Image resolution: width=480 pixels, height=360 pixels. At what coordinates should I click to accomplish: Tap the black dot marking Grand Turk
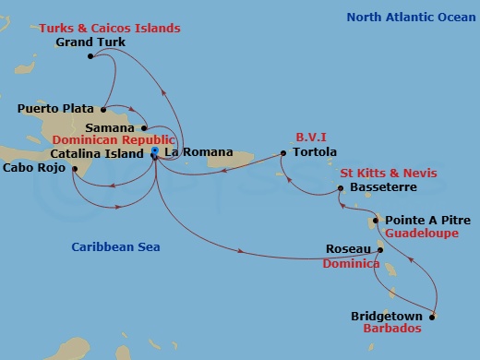tap(90, 57)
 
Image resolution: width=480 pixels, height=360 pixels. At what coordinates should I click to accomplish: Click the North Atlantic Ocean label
tap(410, 17)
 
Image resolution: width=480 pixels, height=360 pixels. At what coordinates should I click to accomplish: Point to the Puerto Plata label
tap(56, 108)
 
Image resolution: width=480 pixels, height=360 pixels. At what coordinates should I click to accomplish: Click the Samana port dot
tap(145, 127)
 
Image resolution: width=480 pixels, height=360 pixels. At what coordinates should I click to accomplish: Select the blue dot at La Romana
tap(155, 150)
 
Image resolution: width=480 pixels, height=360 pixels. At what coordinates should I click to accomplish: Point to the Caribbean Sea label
tap(116, 246)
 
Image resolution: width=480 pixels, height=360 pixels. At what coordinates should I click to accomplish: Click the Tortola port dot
tap(283, 152)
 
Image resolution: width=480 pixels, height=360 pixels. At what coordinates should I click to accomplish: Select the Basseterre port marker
tap(342, 188)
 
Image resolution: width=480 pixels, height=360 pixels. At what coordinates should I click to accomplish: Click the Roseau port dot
tap(378, 249)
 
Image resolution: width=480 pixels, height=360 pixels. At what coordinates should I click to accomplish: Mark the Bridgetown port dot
tap(431, 317)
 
